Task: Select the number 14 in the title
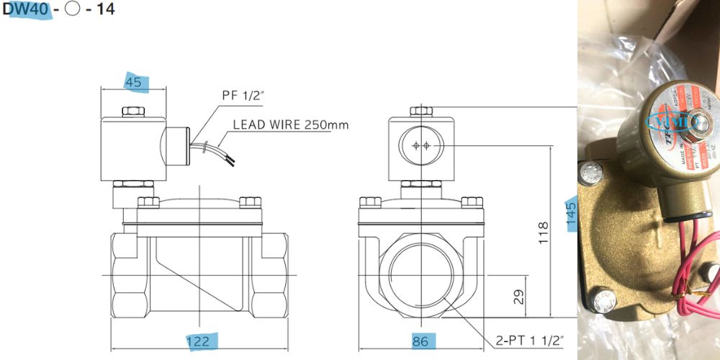coord(105,10)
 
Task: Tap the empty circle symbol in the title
coord(72,10)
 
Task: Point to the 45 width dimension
coord(133,83)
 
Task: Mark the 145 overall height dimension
coord(572,214)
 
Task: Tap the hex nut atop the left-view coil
coord(133,112)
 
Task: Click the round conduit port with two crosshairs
coord(421,145)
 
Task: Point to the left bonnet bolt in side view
coord(148,202)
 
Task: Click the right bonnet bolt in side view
coord(250,202)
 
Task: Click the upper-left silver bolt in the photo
coord(593,173)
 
